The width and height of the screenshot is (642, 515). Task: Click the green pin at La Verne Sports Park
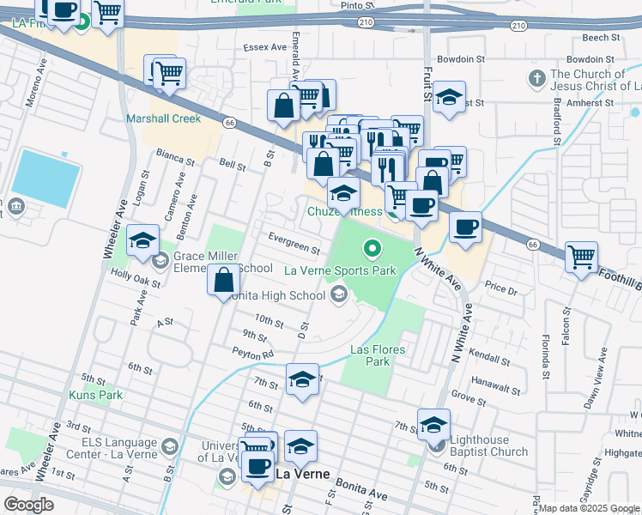click(x=372, y=249)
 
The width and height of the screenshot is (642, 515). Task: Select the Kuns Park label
click(x=96, y=395)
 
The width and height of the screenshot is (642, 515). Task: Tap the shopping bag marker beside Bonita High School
click(x=224, y=279)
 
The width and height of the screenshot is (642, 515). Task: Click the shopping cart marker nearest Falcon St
click(x=582, y=256)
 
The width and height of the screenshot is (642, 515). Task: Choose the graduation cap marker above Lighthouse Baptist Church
click(x=434, y=424)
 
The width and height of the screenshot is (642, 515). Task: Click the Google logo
click(x=27, y=505)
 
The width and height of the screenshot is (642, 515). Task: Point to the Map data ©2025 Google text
click(x=589, y=508)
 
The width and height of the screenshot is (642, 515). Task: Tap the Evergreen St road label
click(x=294, y=244)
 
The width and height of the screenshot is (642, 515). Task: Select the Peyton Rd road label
click(x=252, y=352)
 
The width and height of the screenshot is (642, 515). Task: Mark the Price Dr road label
click(x=502, y=291)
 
